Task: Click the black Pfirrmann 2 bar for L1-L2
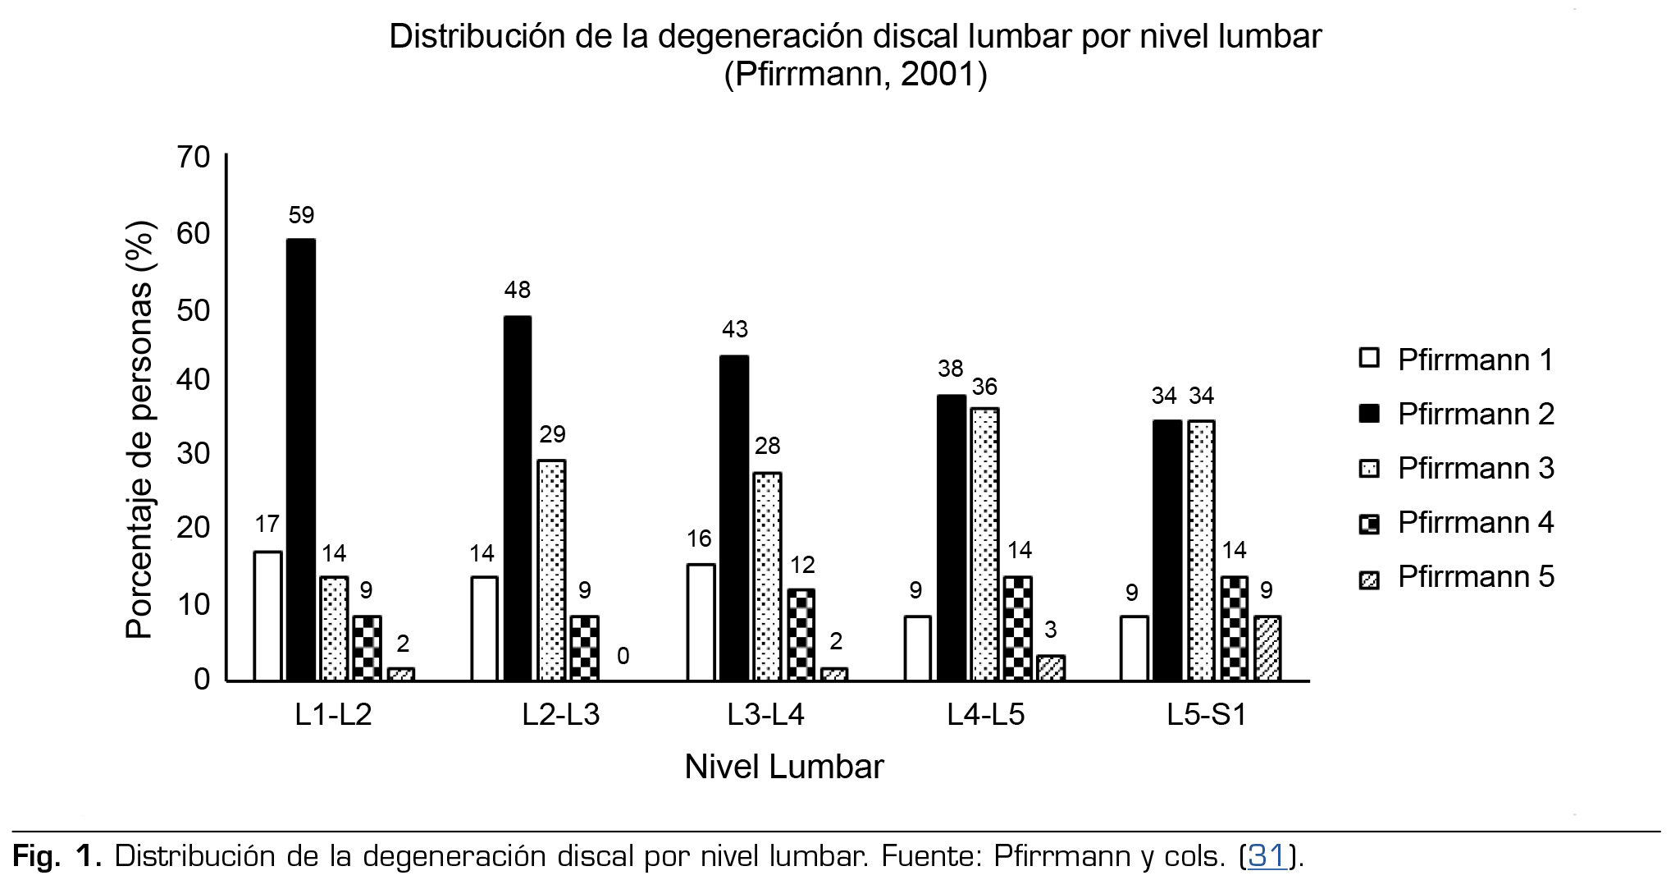(x=301, y=460)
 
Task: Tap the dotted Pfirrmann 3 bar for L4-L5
(x=984, y=543)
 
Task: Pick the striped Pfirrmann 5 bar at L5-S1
(x=1267, y=648)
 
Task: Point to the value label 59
(x=301, y=215)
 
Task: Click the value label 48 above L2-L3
(x=518, y=290)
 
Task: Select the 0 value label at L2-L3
(x=623, y=656)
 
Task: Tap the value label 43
(x=735, y=329)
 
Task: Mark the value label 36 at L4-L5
(x=984, y=387)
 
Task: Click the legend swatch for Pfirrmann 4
(x=1369, y=524)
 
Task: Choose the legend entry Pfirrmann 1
(x=1475, y=360)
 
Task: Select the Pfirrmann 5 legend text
(x=1475, y=576)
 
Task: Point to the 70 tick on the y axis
(x=194, y=157)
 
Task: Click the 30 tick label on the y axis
(x=194, y=453)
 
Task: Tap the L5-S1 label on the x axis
(x=1207, y=715)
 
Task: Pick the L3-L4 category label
(x=765, y=715)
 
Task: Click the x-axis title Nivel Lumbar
(x=784, y=767)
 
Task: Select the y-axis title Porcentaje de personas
(x=139, y=429)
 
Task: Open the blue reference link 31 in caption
(x=1267, y=856)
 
